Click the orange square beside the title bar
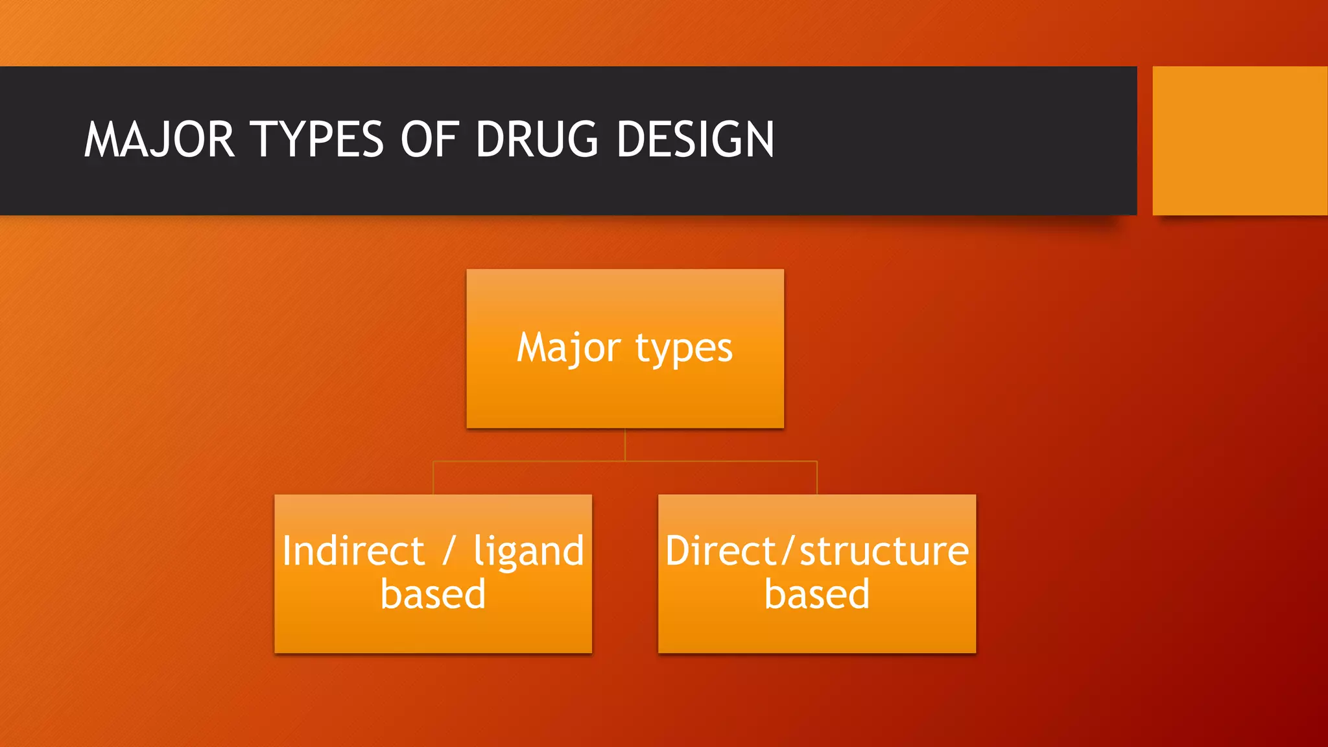click(x=1239, y=140)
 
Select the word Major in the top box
click(x=568, y=348)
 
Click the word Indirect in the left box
click(x=353, y=551)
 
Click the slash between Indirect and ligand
click(x=449, y=551)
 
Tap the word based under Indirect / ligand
click(x=433, y=594)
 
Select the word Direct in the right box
click(x=720, y=551)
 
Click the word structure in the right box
click(x=884, y=551)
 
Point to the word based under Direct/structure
click(x=817, y=594)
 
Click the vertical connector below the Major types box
click(x=625, y=444)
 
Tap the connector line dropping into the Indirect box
click(x=433, y=479)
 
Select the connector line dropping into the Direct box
click(x=817, y=479)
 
